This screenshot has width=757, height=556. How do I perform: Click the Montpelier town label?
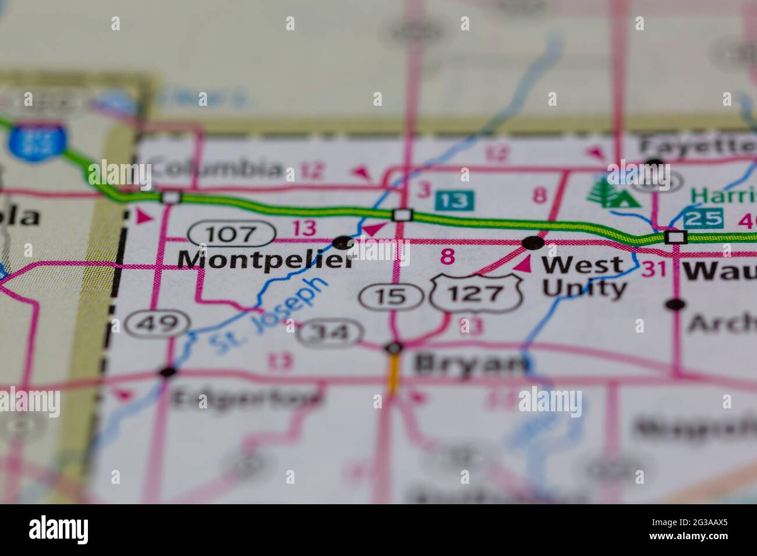coord(266,260)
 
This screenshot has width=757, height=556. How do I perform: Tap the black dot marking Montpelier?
coord(343,242)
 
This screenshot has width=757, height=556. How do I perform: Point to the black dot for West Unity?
coord(533,242)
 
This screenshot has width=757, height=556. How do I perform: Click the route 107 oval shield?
coord(232,234)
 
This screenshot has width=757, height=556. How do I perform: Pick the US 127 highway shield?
coord(476,293)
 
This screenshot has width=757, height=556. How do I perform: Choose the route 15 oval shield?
coord(391,297)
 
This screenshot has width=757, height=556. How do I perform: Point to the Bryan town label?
coord(470,364)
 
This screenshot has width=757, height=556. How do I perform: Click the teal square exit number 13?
coord(455,201)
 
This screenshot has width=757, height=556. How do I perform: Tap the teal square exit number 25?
coord(703,219)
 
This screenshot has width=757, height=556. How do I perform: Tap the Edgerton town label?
coord(247,398)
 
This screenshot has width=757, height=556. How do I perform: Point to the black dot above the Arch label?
coord(675,304)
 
